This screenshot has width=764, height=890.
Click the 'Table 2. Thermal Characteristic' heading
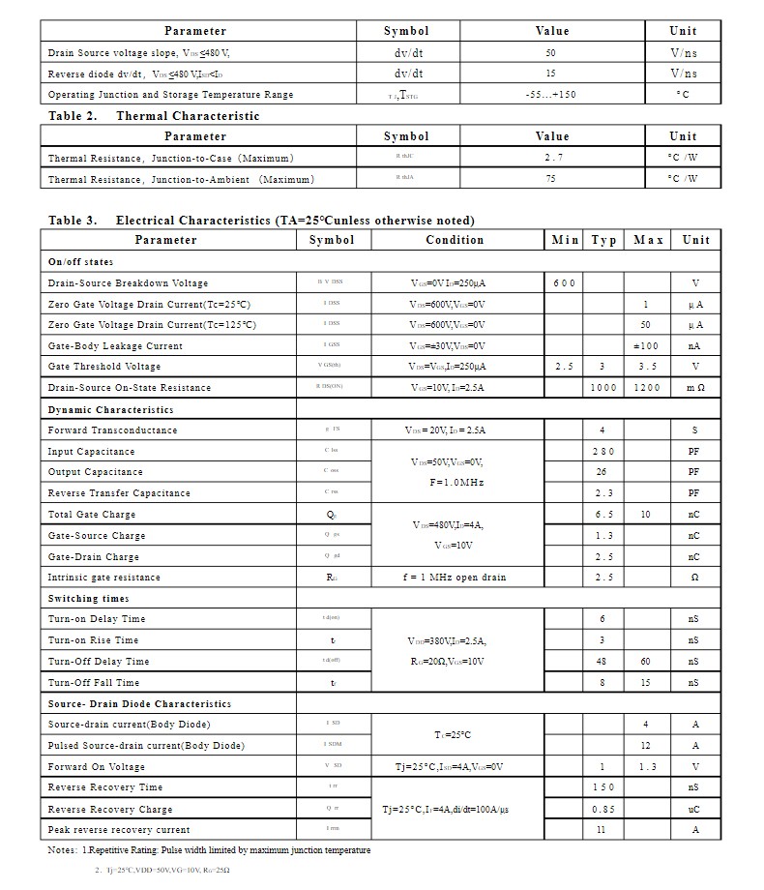(x=154, y=116)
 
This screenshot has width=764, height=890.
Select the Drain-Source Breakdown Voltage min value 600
(x=565, y=283)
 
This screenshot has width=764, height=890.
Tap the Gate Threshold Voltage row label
(x=104, y=367)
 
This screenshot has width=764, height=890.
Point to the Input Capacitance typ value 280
(x=603, y=452)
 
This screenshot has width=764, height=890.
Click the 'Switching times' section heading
(x=88, y=599)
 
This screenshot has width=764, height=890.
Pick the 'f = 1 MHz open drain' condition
(x=455, y=578)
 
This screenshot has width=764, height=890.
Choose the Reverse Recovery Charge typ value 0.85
(x=603, y=809)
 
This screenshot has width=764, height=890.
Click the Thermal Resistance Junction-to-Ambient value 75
(x=551, y=179)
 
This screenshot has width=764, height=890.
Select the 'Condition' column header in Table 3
(x=455, y=240)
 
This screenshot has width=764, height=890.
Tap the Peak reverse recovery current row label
(x=119, y=830)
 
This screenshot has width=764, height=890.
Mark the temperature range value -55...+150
(x=551, y=95)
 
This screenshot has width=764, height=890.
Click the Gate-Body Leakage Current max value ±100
(x=645, y=345)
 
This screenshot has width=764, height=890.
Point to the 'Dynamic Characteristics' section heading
(x=111, y=410)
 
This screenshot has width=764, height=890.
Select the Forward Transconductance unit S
(x=694, y=430)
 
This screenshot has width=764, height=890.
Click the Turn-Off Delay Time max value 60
(x=645, y=662)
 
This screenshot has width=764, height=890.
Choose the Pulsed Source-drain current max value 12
(x=645, y=746)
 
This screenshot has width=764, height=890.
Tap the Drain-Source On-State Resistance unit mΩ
(x=695, y=388)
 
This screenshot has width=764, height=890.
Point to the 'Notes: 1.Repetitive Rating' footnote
(x=209, y=850)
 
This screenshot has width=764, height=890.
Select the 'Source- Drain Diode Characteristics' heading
(x=139, y=704)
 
